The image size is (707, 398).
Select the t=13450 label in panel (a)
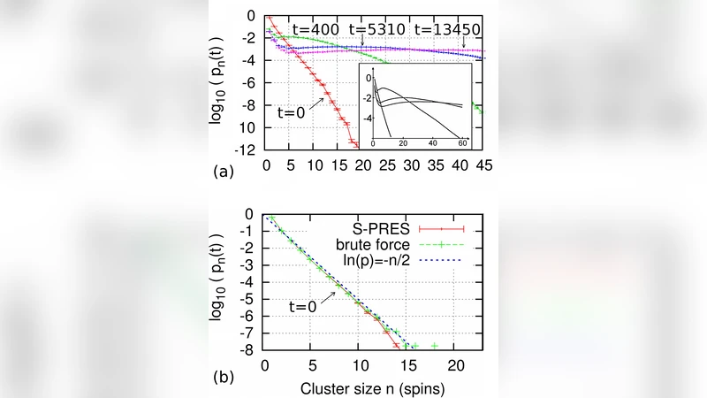pos(446,28)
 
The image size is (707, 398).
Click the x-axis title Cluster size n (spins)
pos(372,387)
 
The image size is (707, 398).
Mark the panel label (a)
pos(223,173)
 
